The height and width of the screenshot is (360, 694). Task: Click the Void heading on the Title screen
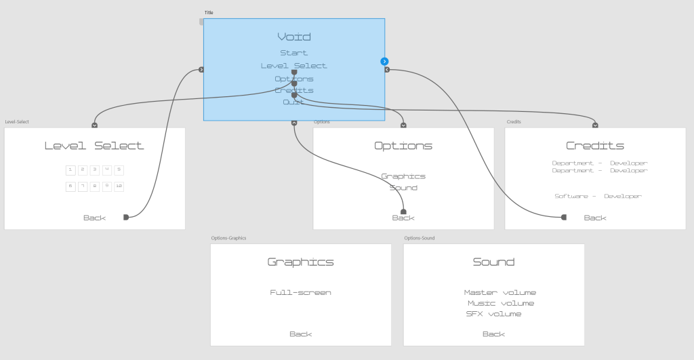[294, 37]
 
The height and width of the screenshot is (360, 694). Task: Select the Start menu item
[294, 53]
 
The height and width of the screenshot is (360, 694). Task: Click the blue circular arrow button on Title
[384, 62]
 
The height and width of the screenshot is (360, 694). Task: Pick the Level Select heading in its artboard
[94, 146]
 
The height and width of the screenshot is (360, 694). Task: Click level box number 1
[70, 169]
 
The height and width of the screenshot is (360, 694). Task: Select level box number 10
[119, 186]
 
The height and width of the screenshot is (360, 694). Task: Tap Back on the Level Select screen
[95, 218]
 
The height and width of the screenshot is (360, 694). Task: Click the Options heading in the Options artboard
[403, 146]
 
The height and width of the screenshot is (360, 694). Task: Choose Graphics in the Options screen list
[403, 176]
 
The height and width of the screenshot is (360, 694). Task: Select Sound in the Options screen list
[403, 188]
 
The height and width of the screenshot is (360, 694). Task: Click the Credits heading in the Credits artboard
[595, 146]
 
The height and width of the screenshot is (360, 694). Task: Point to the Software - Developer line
[598, 196]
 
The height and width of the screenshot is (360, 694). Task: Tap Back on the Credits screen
[595, 218]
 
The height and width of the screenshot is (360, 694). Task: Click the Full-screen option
[301, 293]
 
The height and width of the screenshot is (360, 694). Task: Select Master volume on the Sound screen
[500, 293]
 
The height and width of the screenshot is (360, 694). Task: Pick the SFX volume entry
[494, 314]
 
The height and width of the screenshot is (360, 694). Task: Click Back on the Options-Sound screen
[493, 334]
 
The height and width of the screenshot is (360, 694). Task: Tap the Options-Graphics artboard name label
[228, 239]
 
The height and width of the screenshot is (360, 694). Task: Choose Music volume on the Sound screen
[501, 303]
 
